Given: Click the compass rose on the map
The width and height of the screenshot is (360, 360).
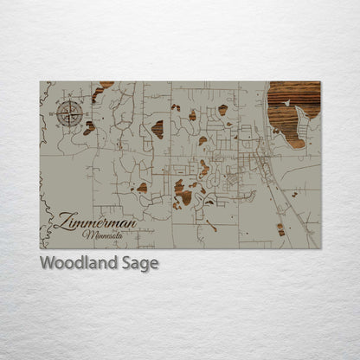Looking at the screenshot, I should click(x=70, y=112).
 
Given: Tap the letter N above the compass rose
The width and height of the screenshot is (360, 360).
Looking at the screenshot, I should click(x=70, y=101).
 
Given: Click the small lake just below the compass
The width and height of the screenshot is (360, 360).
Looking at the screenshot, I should click(x=89, y=128).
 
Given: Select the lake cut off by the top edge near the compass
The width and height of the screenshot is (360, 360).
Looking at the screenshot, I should click(x=105, y=85).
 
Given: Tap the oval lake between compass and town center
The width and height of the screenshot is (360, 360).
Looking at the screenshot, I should click(x=157, y=129).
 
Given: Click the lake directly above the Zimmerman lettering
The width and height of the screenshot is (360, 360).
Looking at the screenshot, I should click(x=142, y=188).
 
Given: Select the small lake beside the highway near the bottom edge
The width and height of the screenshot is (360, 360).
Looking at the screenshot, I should click(x=280, y=229).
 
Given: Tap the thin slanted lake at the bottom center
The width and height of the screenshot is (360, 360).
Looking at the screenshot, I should click(x=211, y=226).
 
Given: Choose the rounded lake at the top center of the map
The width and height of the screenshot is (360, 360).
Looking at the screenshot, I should click(x=222, y=110).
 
